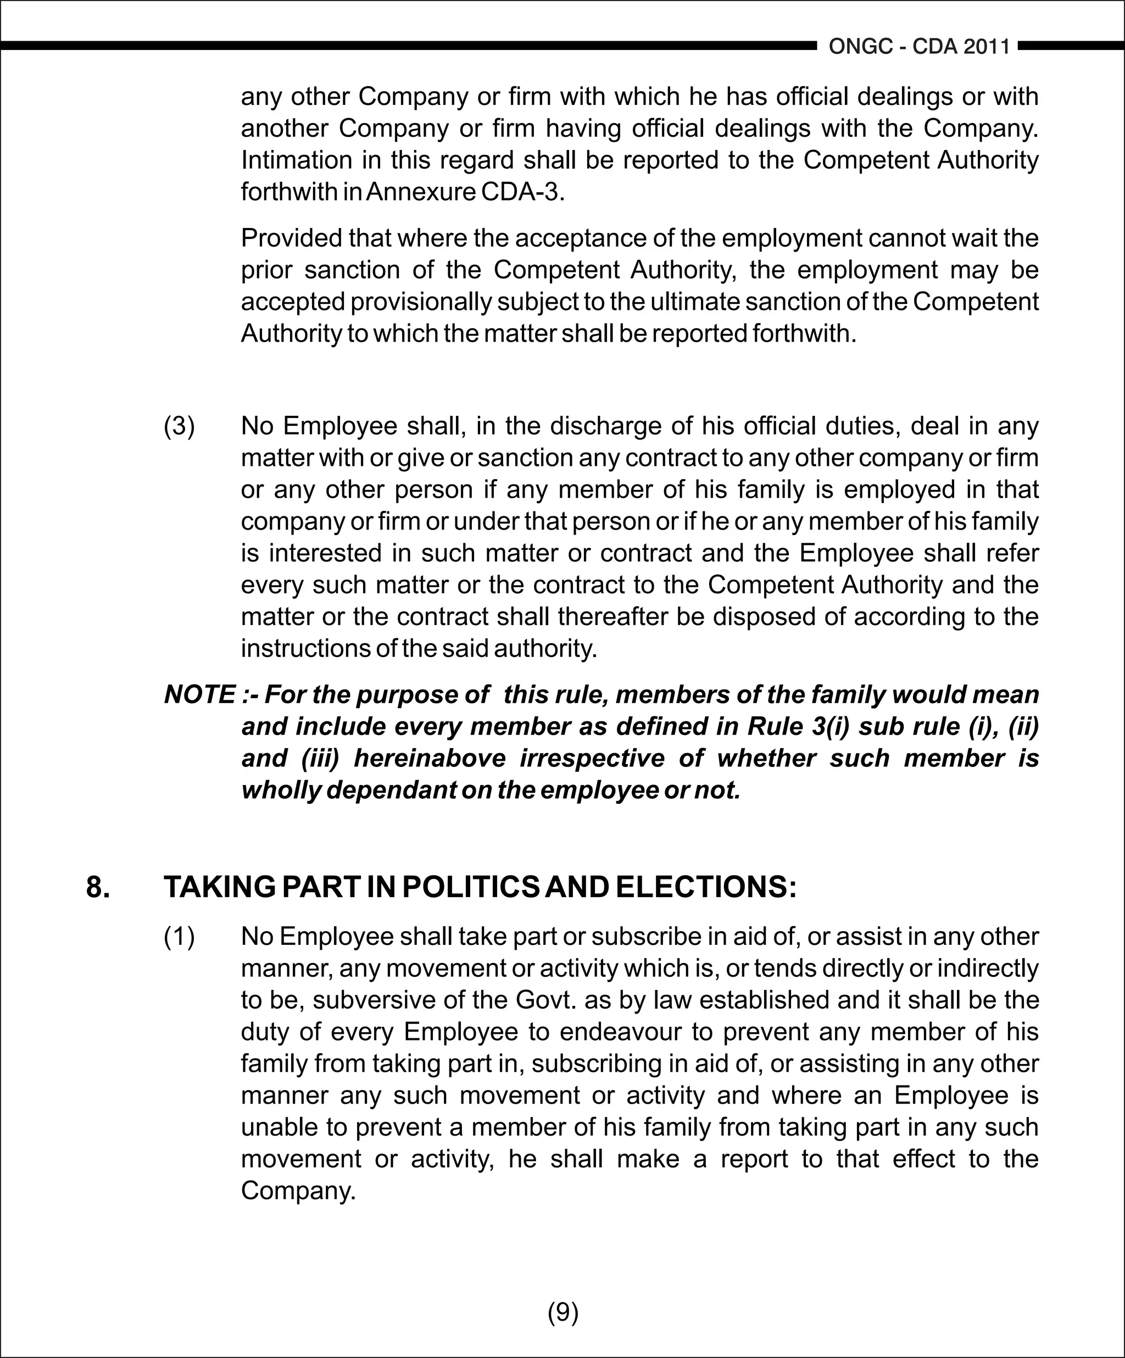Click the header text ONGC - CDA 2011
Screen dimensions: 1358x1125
click(919, 47)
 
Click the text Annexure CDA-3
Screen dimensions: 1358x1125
click(465, 192)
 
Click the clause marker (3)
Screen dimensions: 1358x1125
click(179, 426)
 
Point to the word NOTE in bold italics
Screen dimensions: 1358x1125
click(200, 694)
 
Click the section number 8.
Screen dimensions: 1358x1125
click(98, 887)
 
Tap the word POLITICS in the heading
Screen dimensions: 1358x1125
click(470, 887)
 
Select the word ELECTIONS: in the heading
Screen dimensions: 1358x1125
click(705, 887)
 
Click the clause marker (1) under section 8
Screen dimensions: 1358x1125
click(179, 937)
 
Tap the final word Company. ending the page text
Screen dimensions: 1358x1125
click(298, 1190)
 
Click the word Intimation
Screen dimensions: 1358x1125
click(297, 160)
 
